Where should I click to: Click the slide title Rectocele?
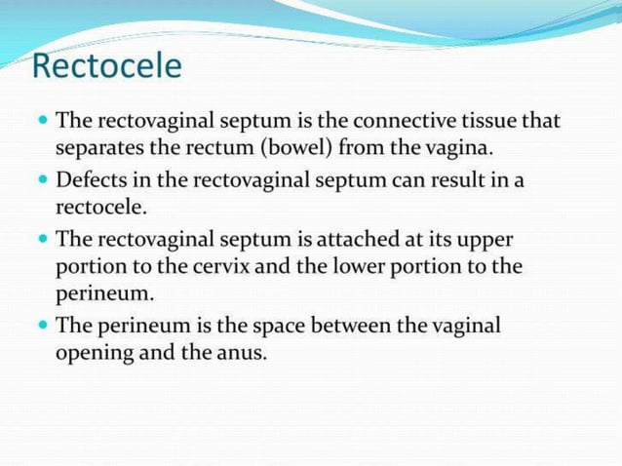click(x=106, y=66)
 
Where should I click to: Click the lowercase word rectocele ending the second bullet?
click(x=100, y=209)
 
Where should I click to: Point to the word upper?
click(x=485, y=241)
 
